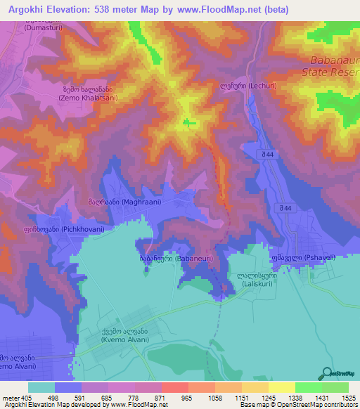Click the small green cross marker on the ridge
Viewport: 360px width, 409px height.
tap(188, 123)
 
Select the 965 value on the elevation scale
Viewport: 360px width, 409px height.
tap(186, 397)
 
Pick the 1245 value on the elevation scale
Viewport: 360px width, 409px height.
tap(268, 397)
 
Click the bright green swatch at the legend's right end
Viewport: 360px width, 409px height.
tap(335, 387)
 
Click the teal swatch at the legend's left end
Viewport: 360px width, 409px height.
tap(41, 387)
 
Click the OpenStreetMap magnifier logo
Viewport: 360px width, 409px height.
tap(326, 374)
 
